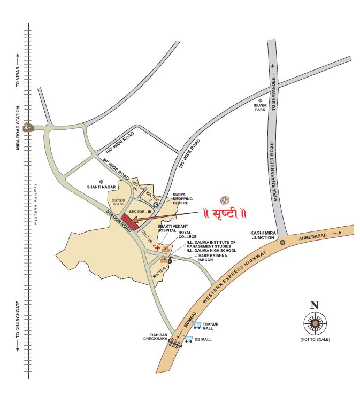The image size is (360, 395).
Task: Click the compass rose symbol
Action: coord(315,322)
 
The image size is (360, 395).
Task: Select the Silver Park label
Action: coord(261,108)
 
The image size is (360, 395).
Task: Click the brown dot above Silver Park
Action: coord(261,99)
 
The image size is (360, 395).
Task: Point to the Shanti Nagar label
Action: coord(101,187)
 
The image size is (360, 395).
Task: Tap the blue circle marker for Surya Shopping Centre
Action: coord(156,204)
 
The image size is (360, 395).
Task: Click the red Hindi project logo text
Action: coord(224,214)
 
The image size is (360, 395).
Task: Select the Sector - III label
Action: coord(141,211)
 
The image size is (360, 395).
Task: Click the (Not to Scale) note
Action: coord(315,339)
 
